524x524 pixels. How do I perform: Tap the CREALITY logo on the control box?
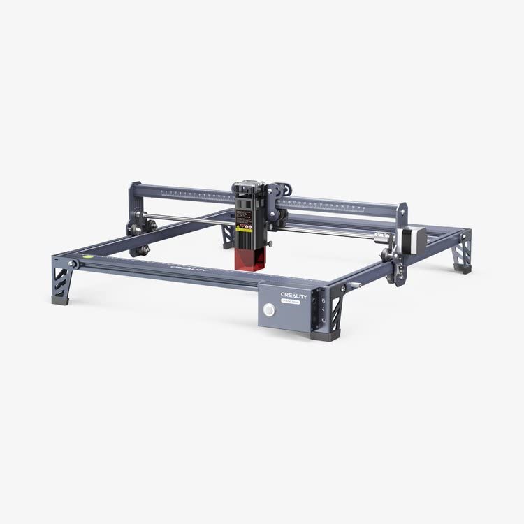(x=293, y=295)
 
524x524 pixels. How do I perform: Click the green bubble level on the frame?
(x=88, y=256)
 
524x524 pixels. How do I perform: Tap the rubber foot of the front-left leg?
(x=61, y=300)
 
